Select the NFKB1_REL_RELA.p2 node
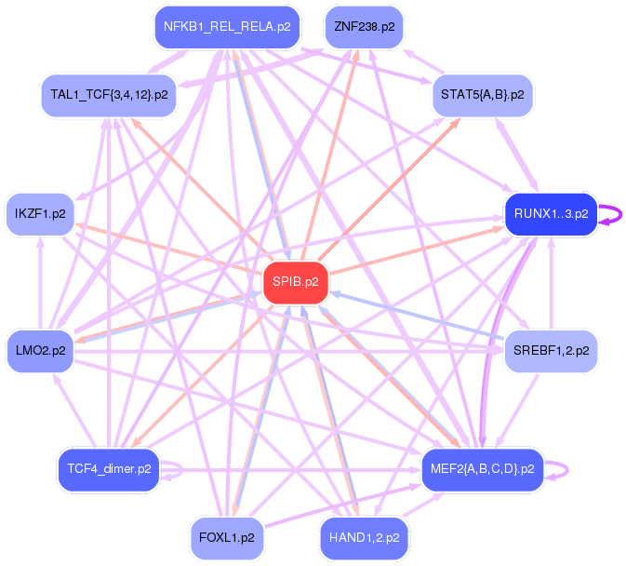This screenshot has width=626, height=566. click(x=227, y=27)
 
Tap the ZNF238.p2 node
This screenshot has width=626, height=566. click(x=364, y=27)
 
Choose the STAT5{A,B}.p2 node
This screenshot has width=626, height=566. click(x=482, y=95)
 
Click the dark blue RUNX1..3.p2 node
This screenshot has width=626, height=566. click(x=550, y=214)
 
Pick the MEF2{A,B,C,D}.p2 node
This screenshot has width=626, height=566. click(x=482, y=468)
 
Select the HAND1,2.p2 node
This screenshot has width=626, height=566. click(x=364, y=537)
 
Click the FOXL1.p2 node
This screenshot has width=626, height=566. click(x=227, y=537)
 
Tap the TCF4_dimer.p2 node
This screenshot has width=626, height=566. click(x=110, y=468)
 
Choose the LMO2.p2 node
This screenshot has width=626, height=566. click(x=41, y=351)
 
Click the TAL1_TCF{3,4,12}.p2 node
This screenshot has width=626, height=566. click(x=110, y=95)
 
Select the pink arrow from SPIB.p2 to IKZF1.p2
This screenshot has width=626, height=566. click(x=167, y=249)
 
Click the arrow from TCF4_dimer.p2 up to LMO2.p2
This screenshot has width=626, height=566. click(x=78, y=414)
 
